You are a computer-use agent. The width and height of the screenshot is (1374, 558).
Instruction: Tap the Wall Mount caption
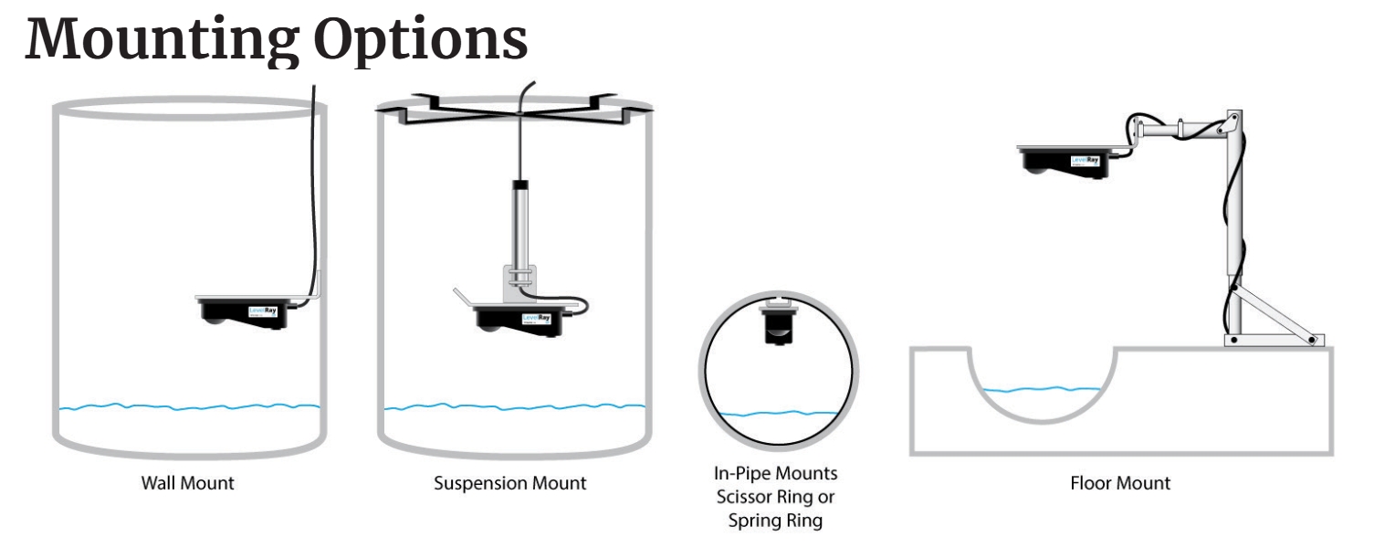(x=187, y=483)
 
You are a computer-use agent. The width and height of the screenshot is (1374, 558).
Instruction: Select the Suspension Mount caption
(x=509, y=483)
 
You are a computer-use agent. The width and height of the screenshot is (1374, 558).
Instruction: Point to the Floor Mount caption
(x=1120, y=483)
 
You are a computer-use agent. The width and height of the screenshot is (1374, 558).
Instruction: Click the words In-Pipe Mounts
(x=775, y=474)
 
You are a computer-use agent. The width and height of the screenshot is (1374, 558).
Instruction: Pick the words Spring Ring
(x=775, y=521)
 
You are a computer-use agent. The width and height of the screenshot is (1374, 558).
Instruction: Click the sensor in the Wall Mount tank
(x=246, y=311)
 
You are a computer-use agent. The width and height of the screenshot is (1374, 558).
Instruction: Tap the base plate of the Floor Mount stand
(x=1273, y=341)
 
